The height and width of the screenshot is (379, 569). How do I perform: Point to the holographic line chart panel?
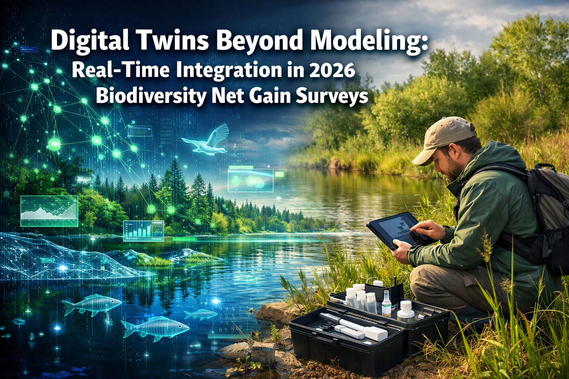pyautogui.click(x=49, y=211)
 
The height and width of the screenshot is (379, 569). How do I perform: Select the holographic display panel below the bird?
pyautogui.click(x=250, y=181)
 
